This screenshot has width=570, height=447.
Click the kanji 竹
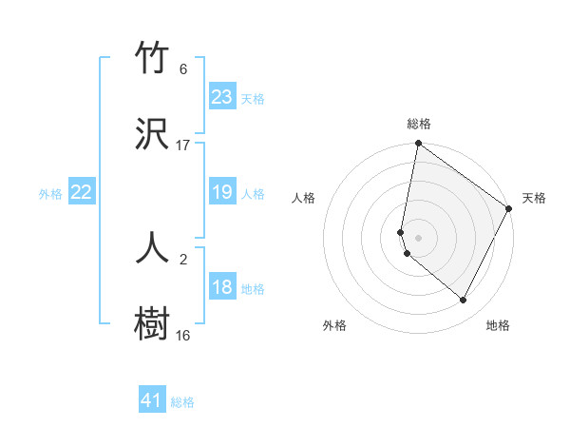[153, 59]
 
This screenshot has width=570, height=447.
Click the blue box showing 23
[221, 97]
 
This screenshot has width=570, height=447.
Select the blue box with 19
[221, 192]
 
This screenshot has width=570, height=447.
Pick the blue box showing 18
[221, 287]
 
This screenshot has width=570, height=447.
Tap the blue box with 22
[82, 192]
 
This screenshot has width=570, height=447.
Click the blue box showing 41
[152, 400]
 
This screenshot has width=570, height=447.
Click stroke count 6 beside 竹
[183, 69]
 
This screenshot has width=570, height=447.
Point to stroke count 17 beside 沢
[183, 146]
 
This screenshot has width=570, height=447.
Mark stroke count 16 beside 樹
[183, 335]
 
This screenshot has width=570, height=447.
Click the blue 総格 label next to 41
[182, 402]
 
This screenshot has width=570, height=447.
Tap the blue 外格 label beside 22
[50, 194]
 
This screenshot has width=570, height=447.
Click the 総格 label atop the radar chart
[418, 124]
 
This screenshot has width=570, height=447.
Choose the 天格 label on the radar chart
[534, 198]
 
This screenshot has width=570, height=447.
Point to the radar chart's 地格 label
[498, 325]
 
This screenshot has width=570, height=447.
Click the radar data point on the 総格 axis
[418, 145]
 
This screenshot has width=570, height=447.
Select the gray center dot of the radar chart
[418, 237]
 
